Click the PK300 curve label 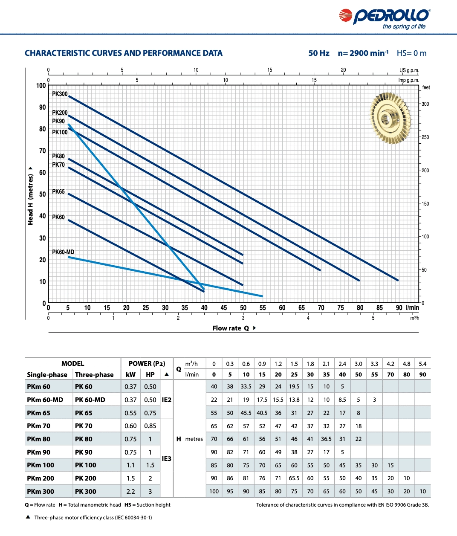pyautogui.click(x=60, y=94)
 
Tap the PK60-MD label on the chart pyautogui.click(x=63, y=252)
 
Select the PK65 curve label pyautogui.click(x=58, y=191)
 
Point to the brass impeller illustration pyautogui.click(x=390, y=119)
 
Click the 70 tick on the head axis pyautogui.click(x=43, y=151)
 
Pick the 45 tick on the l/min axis pyautogui.click(x=224, y=307)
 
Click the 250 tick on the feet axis pyautogui.click(x=425, y=137)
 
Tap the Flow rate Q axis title pyautogui.click(x=231, y=328)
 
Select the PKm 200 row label pyautogui.click(x=40, y=478)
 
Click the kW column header pyautogui.click(x=130, y=374)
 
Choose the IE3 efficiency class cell pyautogui.click(x=167, y=459)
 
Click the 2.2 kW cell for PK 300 pyautogui.click(x=130, y=491)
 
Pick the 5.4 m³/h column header pyautogui.click(x=422, y=364)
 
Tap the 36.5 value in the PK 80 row pyautogui.click(x=326, y=439)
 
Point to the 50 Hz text pyautogui.click(x=319, y=53)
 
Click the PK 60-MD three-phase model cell pyautogui.click(x=90, y=400)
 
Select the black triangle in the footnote pyautogui.click(x=28, y=517)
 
